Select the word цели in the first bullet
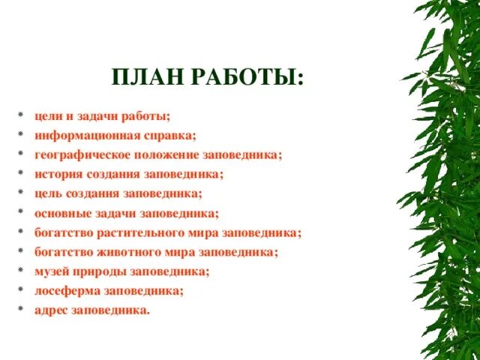pyautogui.click(x=46, y=116)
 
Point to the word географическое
pyautogui.click(x=79, y=155)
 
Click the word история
pyautogui.click(x=55, y=174)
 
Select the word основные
pyautogui.click(x=58, y=213)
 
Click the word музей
pyautogui.click(x=49, y=271)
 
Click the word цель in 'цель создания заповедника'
pyautogui.click(x=46, y=193)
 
